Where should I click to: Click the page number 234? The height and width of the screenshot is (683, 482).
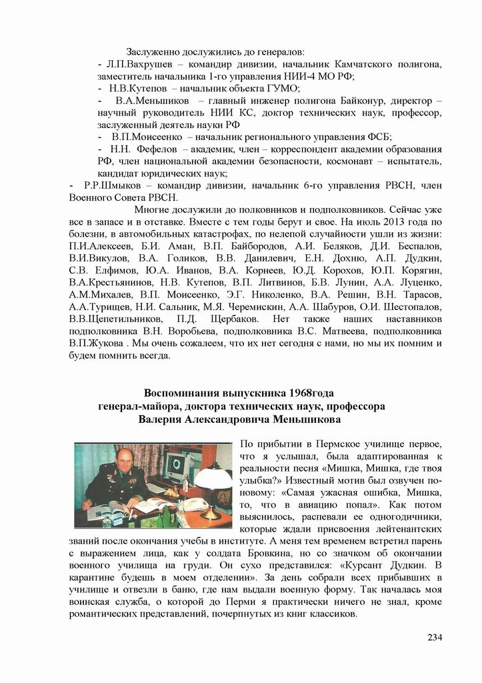click(x=435, y=637)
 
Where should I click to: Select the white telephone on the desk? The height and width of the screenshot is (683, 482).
click(x=194, y=504)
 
